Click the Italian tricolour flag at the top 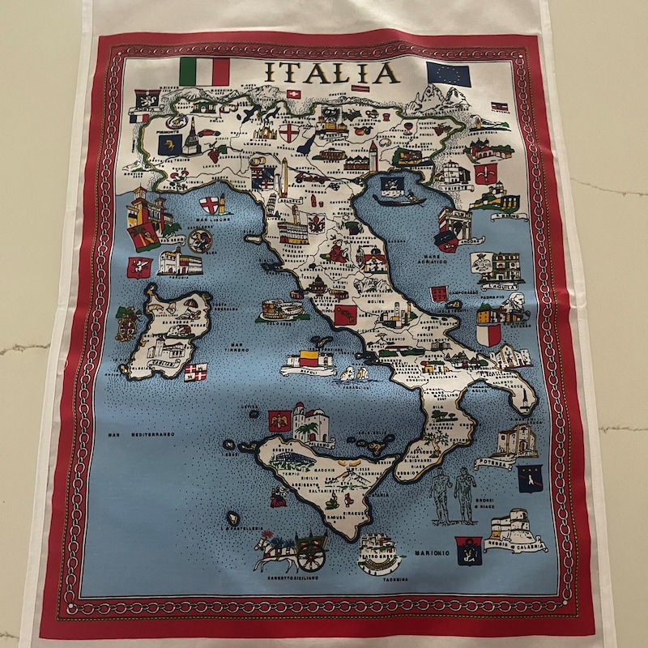(204, 70)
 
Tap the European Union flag (448, 75)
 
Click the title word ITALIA (331, 72)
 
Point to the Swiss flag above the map (293, 95)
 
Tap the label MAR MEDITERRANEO (141, 435)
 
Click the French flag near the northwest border (139, 118)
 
